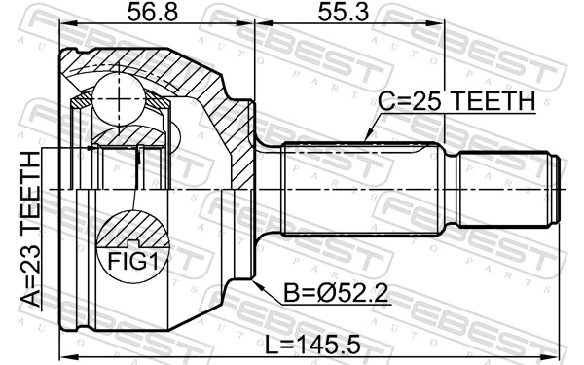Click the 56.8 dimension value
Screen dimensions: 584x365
(x=153, y=12)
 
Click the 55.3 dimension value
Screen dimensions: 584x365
(x=344, y=12)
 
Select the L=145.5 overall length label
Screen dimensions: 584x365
(x=312, y=345)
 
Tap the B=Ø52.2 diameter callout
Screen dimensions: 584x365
(x=336, y=293)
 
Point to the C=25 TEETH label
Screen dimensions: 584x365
(x=456, y=100)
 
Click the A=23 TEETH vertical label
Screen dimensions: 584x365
(x=30, y=230)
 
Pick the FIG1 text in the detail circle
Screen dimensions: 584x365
(x=133, y=262)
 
